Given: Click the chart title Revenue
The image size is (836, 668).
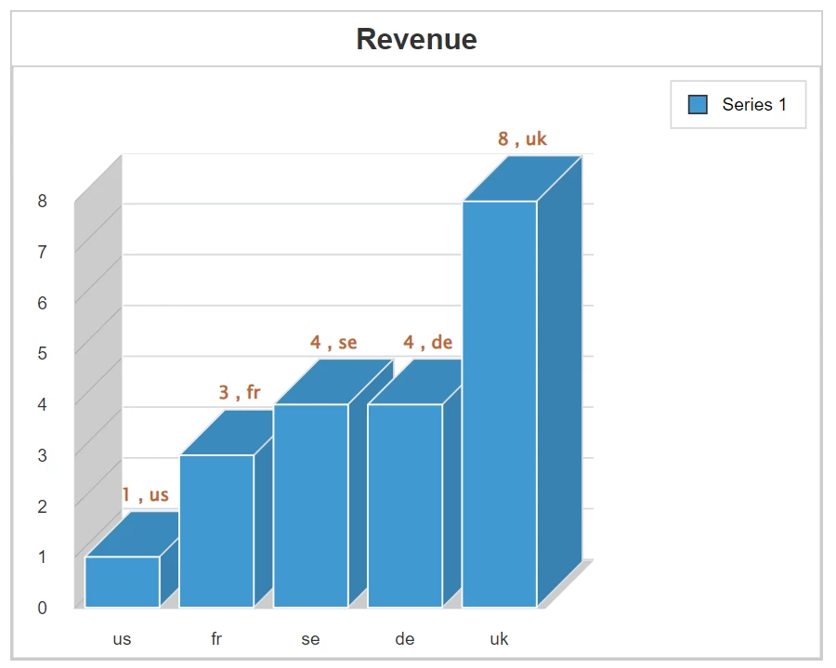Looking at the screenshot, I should pyautogui.click(x=416, y=39).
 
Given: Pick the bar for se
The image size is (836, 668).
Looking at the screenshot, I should pyautogui.click(x=310, y=505).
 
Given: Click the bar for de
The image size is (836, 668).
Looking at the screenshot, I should pyautogui.click(x=405, y=505).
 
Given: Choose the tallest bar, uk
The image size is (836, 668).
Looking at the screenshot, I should pyautogui.click(x=500, y=404).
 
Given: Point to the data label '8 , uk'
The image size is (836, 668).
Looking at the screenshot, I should pyautogui.click(x=522, y=139).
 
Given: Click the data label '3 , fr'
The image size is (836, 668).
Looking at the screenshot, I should pyautogui.click(x=240, y=393).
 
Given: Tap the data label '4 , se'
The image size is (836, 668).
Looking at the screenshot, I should pyautogui.click(x=333, y=343).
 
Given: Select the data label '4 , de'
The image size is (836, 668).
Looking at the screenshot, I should pyautogui.click(x=427, y=343).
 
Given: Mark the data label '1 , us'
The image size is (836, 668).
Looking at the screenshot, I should pyautogui.click(x=146, y=495).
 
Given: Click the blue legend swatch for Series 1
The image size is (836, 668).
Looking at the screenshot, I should pyautogui.click(x=698, y=105).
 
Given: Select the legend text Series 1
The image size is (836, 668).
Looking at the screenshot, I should pyautogui.click(x=754, y=105).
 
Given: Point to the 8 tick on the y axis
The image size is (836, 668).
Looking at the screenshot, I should pyautogui.click(x=42, y=201).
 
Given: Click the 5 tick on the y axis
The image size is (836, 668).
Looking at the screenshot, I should pyautogui.click(x=42, y=353).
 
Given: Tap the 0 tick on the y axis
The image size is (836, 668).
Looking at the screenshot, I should pyautogui.click(x=42, y=608).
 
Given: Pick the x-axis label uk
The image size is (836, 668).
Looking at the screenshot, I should pyautogui.click(x=499, y=639).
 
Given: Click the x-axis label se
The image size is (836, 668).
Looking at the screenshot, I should pyautogui.click(x=310, y=639).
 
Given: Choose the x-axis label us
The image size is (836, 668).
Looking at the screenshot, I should pyautogui.click(x=122, y=639).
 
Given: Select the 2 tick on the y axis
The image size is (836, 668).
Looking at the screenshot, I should pyautogui.click(x=42, y=506).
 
